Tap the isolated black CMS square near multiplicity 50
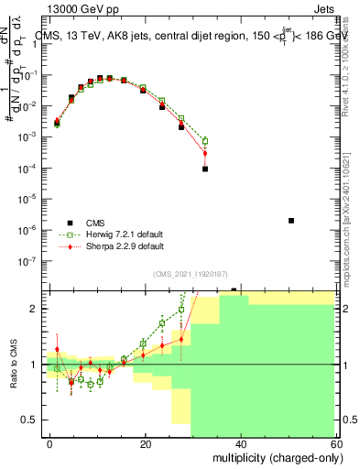(x=290, y=221)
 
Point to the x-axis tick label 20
(x=145, y=443)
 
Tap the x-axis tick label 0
(x=49, y=443)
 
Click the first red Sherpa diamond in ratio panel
(x=57, y=349)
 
